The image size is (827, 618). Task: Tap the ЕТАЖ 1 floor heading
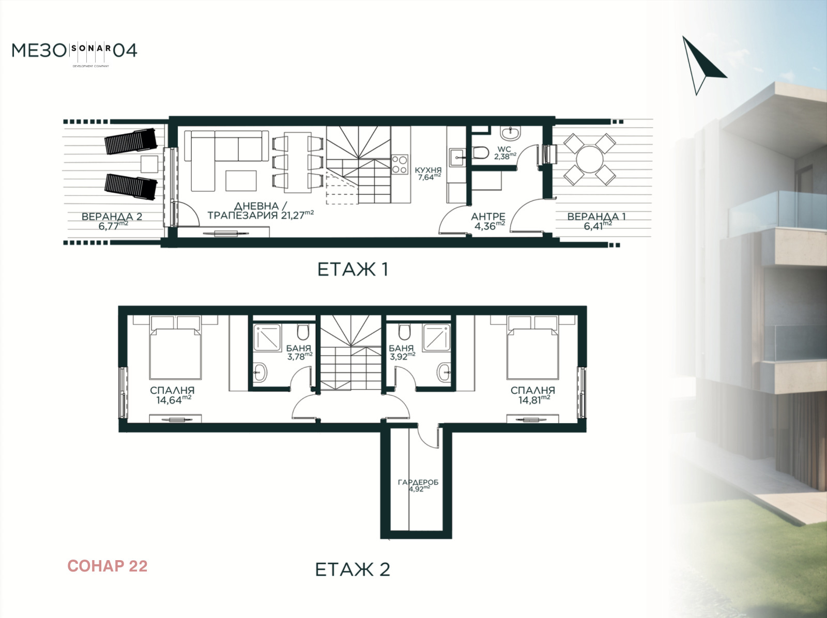[x=353, y=269]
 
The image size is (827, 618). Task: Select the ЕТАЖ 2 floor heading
[x=353, y=569]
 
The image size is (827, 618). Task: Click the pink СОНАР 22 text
[x=108, y=566]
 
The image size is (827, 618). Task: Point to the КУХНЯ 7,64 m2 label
[x=428, y=174]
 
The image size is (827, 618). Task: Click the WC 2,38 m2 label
[x=505, y=153]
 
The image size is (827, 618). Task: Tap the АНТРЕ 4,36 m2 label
[x=488, y=221]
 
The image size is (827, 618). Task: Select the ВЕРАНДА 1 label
[x=596, y=217]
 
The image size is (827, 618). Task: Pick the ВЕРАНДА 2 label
[x=112, y=217]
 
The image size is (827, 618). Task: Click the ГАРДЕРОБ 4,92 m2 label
[x=418, y=485]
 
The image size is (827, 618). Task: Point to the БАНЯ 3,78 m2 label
[x=299, y=352]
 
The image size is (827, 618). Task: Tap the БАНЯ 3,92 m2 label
[x=402, y=352]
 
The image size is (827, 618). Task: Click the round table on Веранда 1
[x=590, y=159]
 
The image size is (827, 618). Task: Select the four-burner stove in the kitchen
[x=400, y=164]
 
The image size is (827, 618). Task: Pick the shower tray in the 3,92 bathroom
[x=436, y=338]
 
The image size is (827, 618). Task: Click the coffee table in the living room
[x=241, y=181]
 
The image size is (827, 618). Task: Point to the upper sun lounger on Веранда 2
[x=130, y=141]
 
